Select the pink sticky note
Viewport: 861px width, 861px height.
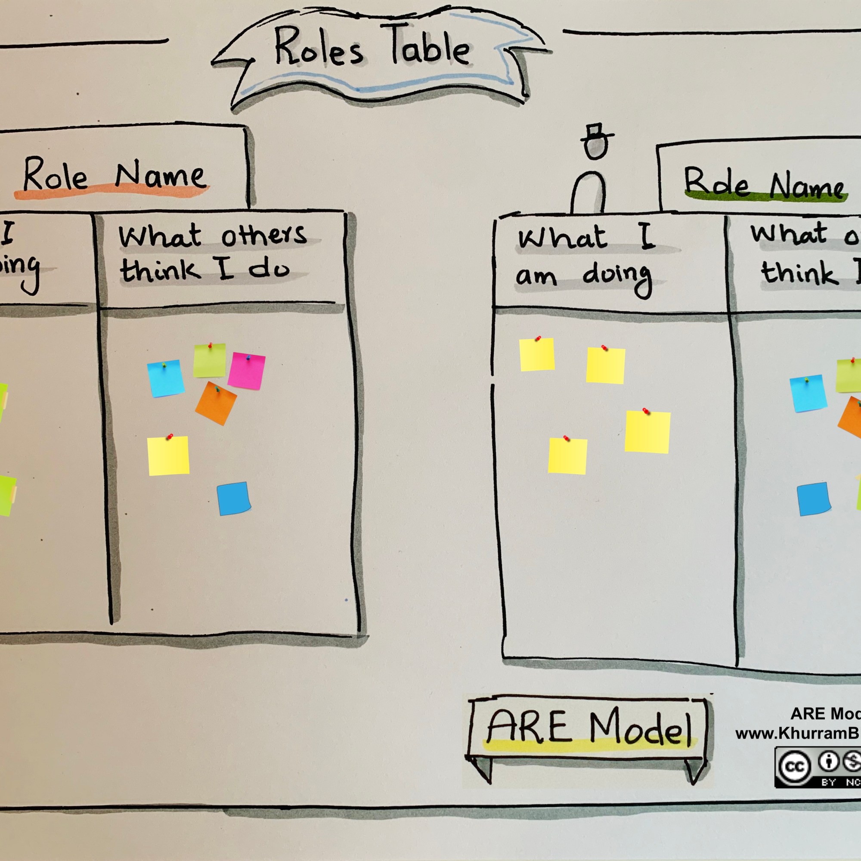[246, 370]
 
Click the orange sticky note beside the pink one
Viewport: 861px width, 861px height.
[216, 404]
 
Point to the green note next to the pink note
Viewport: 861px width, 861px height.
[210, 360]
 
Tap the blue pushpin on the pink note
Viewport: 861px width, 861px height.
[248, 357]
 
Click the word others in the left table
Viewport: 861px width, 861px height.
[264, 235]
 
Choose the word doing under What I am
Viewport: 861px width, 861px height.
[617, 276]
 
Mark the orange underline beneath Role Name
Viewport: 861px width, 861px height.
[111, 193]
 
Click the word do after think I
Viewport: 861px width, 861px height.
[269, 269]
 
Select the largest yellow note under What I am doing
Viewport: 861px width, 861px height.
[647, 431]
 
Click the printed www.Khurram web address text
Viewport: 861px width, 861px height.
[798, 733]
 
